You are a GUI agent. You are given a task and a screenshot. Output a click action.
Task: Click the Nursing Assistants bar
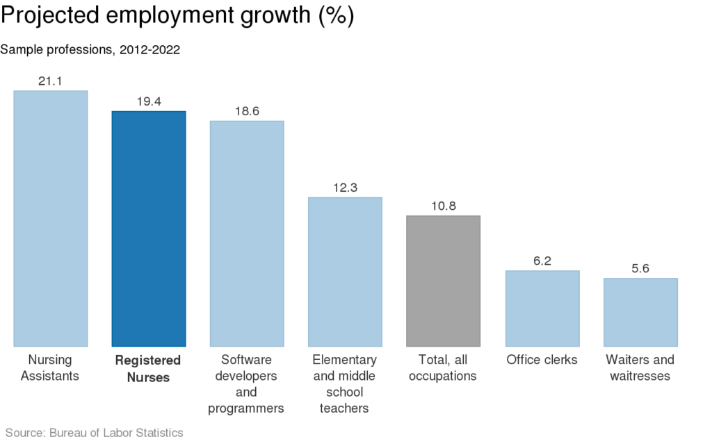point(51,218)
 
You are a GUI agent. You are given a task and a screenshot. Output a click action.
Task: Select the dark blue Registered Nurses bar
point(149,229)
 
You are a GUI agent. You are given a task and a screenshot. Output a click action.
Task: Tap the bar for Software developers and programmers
point(247,233)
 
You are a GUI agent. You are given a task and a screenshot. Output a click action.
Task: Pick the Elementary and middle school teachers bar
point(345,272)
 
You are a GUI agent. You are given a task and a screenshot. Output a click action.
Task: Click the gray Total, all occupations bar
point(444,281)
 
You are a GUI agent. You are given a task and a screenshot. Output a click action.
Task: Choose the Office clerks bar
point(542,308)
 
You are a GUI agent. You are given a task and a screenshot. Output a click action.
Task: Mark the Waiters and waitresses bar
point(640,312)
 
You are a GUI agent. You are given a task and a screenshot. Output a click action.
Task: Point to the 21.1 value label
point(51,81)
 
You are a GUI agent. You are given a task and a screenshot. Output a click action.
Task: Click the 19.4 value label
point(149,101)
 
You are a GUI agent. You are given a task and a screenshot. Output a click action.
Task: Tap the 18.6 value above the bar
point(247,111)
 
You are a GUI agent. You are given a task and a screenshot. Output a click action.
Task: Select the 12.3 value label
point(345,188)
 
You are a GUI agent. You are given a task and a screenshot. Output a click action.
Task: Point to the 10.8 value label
point(444,206)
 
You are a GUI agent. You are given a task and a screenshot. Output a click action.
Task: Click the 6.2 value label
point(542,261)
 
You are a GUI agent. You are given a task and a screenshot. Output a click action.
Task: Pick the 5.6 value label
point(640,269)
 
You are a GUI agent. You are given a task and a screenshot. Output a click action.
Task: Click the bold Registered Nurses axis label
point(148,369)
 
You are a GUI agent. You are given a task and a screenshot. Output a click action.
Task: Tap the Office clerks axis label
point(542,360)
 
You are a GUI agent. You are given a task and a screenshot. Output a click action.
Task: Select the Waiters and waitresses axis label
point(640,368)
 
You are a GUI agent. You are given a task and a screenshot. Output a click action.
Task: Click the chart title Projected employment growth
point(177,17)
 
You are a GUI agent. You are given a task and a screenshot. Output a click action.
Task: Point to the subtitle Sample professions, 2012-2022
point(90,50)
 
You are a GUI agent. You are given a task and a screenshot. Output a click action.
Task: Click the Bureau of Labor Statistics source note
point(95,433)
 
